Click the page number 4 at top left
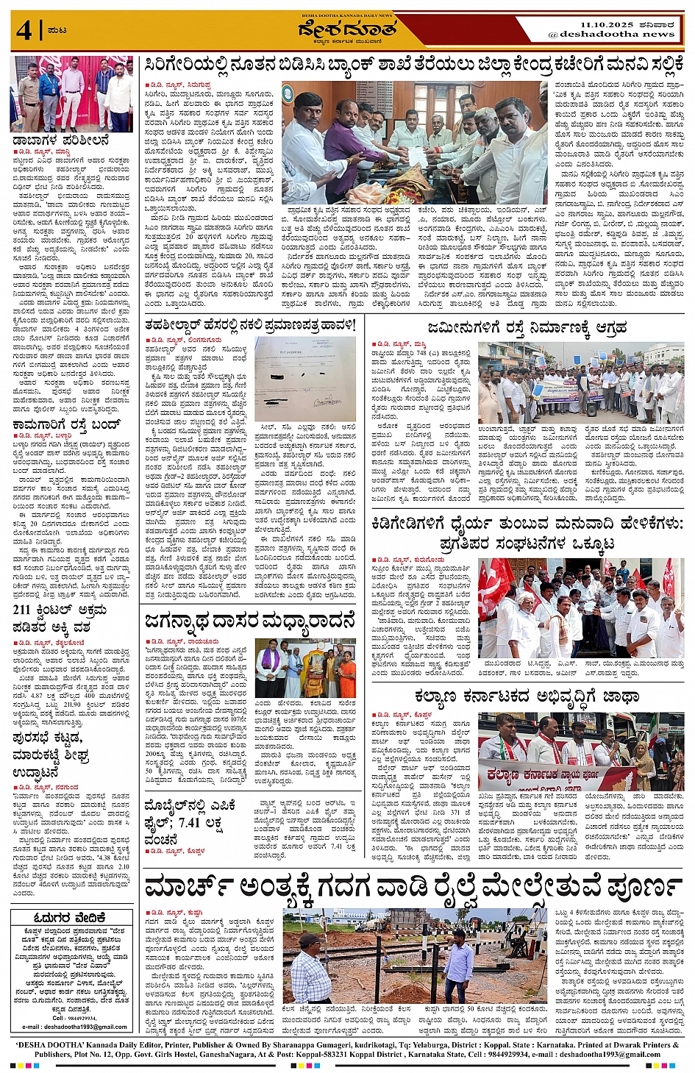tap(24, 30)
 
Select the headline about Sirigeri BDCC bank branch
tap(414, 65)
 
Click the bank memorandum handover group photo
tap(413, 142)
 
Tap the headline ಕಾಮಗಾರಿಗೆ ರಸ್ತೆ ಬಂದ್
tap(65, 425)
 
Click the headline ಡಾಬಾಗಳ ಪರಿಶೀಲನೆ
tap(60, 140)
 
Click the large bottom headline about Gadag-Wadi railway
tap(413, 888)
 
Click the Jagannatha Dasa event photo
tap(305, 668)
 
